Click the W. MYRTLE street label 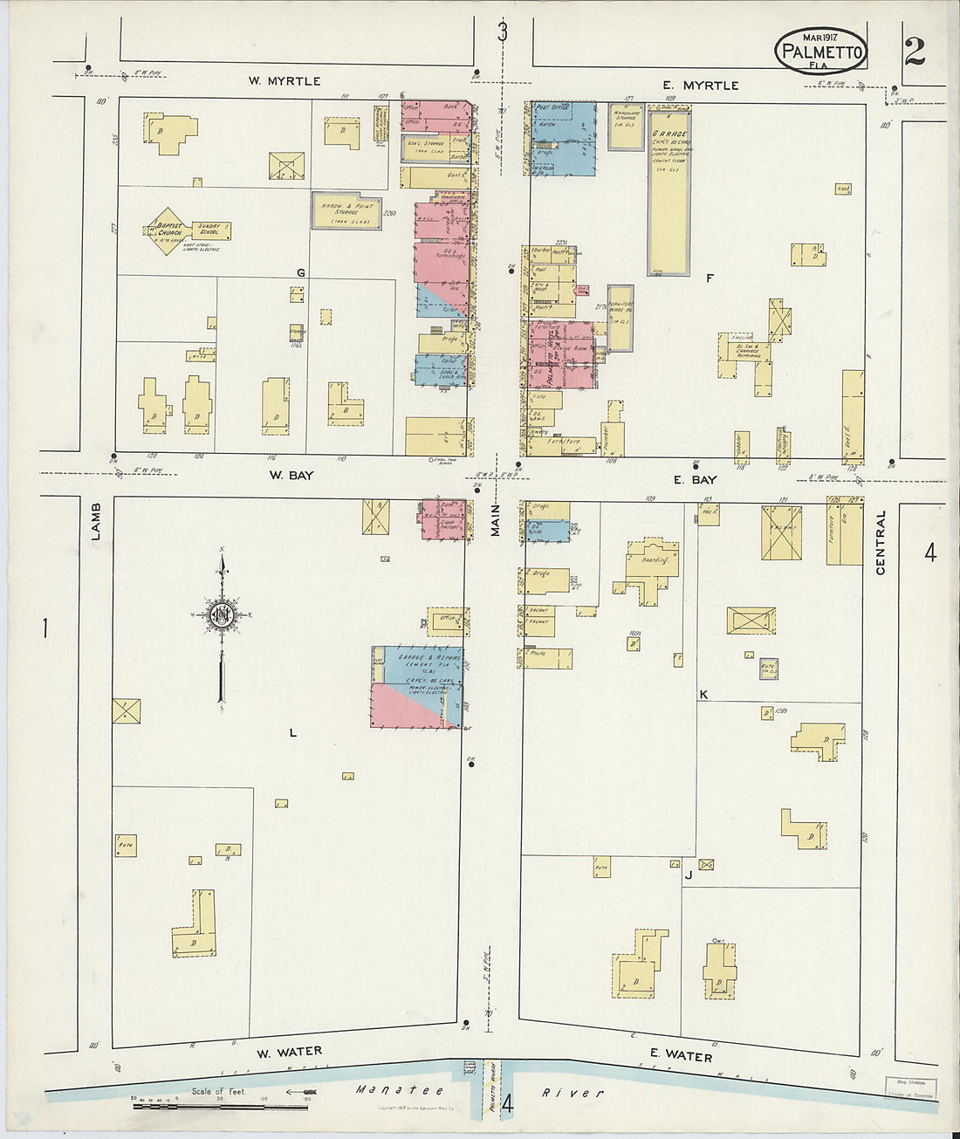pos(285,81)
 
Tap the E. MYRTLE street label pos(700,86)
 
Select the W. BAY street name pos(291,476)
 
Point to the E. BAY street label pos(695,479)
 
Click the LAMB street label pos(96,521)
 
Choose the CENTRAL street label pos(880,542)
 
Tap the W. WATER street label pos(289,1052)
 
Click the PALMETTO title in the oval pos(821,52)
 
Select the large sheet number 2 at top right pos(914,53)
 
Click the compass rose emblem pos(223,614)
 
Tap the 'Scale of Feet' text pos(219,1092)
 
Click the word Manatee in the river pos(400,1090)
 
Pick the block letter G pos(300,273)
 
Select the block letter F pos(710,278)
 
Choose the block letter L pos(293,733)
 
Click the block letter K pos(703,695)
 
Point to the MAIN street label pos(495,521)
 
